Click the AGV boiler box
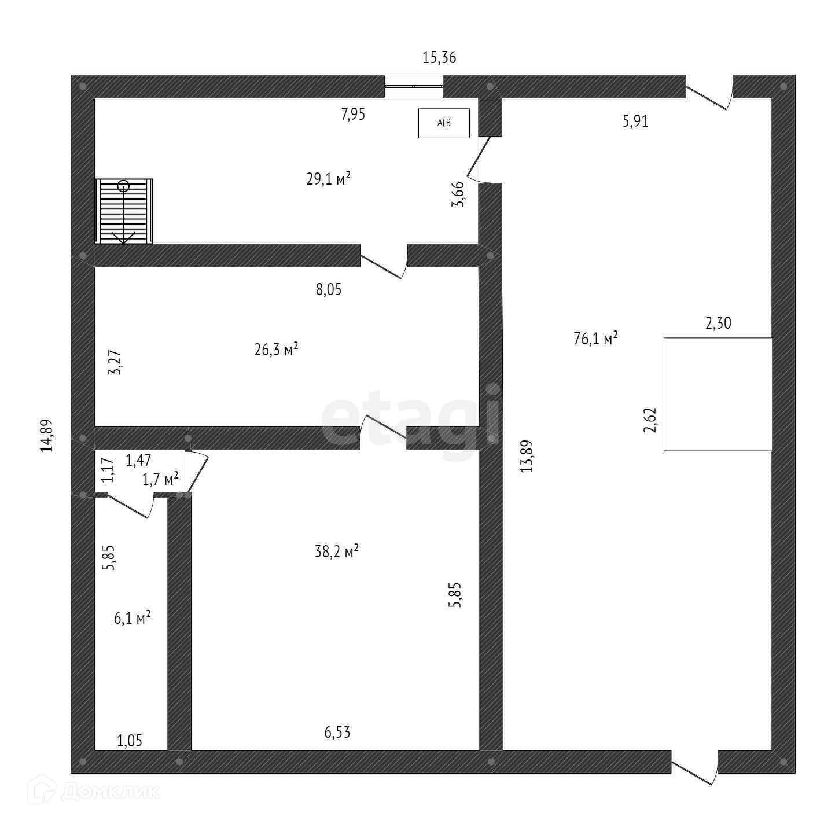coord(444,123)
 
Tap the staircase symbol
coord(124,211)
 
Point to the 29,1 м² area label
coord(328,179)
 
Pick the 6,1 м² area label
coord(132,618)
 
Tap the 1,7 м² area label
coord(160,479)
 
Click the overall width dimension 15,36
coord(439,57)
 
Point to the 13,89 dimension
coord(527,457)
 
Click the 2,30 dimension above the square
coord(718,323)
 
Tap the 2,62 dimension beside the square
coord(651,420)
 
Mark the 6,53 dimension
coord(337,733)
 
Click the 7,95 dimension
coord(353,114)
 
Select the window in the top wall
coord(414,87)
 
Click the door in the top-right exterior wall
coord(709,93)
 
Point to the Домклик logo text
coord(110,791)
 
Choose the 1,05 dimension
coord(130,741)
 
